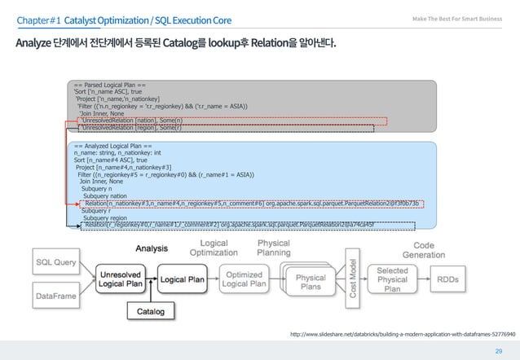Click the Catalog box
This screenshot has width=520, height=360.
pos(151,310)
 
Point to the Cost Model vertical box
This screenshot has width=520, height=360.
pos(353,279)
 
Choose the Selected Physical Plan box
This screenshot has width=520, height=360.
pos(392,279)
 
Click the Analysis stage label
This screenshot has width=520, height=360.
pos(152,248)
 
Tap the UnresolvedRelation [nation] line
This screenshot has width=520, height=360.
pos(130,120)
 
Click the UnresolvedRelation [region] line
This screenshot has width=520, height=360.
pos(130,127)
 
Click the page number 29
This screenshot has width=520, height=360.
pos(498,349)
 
